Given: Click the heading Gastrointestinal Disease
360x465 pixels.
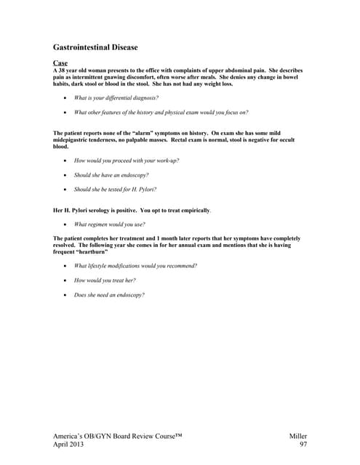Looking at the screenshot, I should [95, 47].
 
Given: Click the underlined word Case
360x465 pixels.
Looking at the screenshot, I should [60, 63].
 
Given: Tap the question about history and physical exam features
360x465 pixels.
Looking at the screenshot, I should [161, 113].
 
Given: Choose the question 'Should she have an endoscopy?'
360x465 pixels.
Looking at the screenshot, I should [111, 175].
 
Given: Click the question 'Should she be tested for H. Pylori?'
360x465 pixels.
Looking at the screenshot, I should [119, 190].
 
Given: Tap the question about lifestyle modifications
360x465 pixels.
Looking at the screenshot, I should [135, 265].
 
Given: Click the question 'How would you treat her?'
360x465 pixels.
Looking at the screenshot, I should [105, 280].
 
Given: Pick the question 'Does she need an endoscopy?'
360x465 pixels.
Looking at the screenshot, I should [109, 295].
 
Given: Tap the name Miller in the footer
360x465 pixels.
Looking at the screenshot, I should [299, 434].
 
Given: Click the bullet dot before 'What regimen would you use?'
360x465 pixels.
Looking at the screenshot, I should [65, 225].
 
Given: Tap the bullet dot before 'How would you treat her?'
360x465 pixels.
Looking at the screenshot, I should [65, 280].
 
